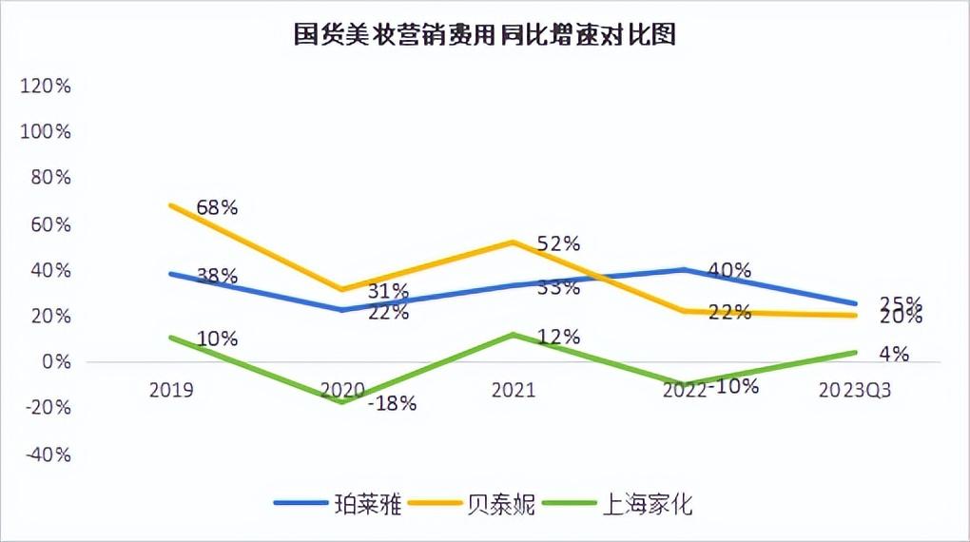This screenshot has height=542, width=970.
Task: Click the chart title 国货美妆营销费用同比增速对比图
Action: click(485, 35)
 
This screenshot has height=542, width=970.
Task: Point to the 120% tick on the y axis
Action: click(47, 87)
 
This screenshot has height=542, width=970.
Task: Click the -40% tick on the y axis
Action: click(47, 455)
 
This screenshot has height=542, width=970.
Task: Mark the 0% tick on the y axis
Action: click(55, 362)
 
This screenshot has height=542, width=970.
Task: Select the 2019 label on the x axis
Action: click(171, 391)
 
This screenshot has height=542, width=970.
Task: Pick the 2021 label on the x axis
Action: click(514, 391)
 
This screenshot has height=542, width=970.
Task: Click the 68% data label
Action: click(217, 206)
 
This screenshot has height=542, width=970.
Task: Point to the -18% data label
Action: click(393, 403)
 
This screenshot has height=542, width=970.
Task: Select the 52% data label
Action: click(558, 243)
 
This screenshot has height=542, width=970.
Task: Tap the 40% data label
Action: click(729, 270)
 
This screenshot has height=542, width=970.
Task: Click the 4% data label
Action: click(894, 354)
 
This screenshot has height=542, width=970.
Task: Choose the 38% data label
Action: click(217, 277)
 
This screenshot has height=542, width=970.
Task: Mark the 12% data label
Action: click(558, 336)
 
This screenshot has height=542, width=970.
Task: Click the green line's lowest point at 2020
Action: click(342, 402)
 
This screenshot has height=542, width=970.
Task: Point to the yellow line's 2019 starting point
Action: click(171, 204)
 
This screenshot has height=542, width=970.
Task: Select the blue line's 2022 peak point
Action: click(685, 269)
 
